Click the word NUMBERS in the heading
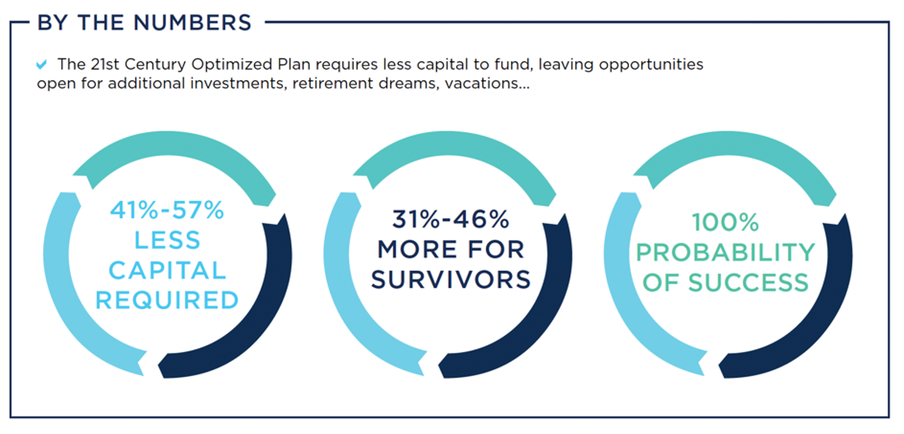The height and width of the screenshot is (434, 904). point(193,23)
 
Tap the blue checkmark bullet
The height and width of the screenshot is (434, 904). point(42,64)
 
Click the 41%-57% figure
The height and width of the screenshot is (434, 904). point(167,210)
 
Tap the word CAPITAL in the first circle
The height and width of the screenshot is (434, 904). point(167,270)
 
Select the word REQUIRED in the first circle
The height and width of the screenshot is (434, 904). point(167,301)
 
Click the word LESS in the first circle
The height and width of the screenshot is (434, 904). point(167,241)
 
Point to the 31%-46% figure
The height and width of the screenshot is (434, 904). point(451,219)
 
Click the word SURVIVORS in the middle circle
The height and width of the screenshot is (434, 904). point(451,280)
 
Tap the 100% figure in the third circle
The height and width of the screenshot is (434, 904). point(726,222)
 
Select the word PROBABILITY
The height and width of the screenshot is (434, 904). point(726,253)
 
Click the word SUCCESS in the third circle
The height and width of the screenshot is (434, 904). point(748,282)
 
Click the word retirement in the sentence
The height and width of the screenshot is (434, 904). point(333,83)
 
